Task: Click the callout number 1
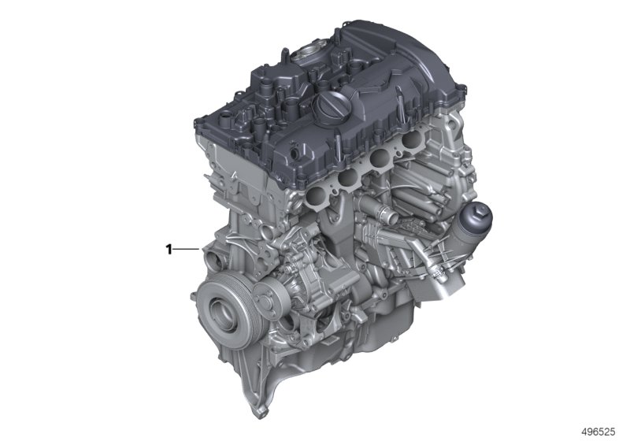[x=169, y=250]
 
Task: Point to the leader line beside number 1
[x=186, y=250]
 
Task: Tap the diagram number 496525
[x=598, y=432]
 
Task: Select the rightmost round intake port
[x=410, y=139]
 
